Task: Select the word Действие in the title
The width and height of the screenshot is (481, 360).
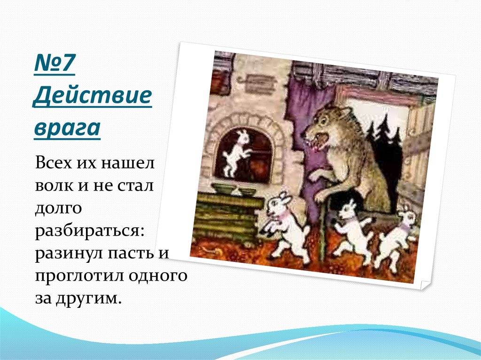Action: [x=93, y=97]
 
